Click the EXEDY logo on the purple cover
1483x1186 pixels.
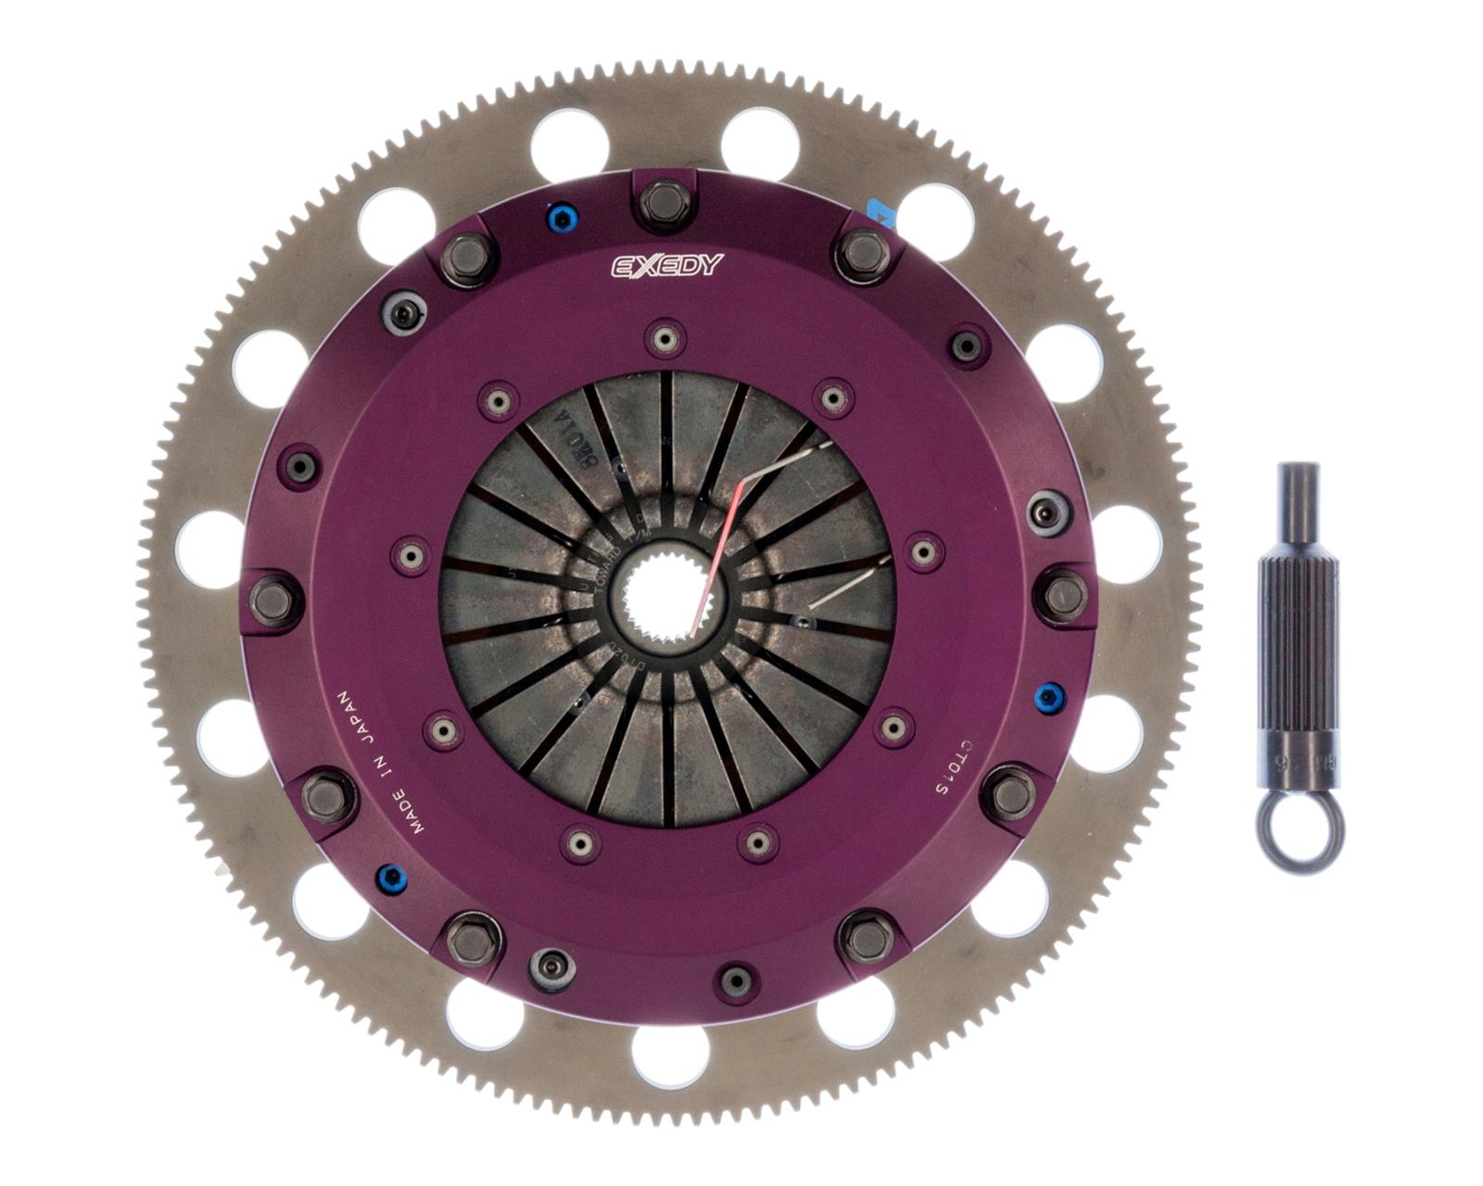[665, 266]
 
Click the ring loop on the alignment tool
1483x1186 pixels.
[1299, 833]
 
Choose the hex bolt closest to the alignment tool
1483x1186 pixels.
[1063, 594]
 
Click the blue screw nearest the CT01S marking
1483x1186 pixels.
[1048, 695]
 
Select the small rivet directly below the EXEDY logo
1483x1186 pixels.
[664, 337]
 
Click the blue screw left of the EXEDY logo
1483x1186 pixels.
[560, 220]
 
